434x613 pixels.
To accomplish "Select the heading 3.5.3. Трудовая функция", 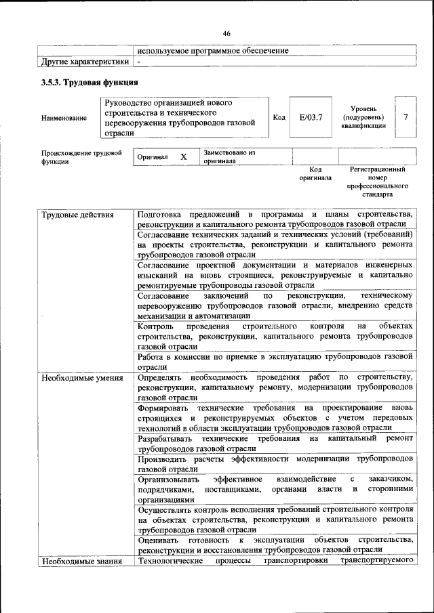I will click(x=90, y=83).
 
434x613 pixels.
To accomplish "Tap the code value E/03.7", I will click(x=311, y=117).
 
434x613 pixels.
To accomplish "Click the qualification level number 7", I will click(x=406, y=117).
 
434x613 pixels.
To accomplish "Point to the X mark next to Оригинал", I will click(x=183, y=156).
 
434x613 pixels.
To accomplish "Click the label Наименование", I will click(x=64, y=118).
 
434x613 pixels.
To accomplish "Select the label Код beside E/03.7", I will click(x=279, y=117).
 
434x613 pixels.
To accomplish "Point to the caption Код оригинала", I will click(x=315, y=173).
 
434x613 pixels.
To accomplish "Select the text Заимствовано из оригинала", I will click(x=229, y=157).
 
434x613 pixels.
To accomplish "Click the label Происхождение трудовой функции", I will click(x=81, y=157).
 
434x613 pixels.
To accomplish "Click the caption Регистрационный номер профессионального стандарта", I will click(x=377, y=182).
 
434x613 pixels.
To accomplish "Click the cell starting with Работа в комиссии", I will click(x=274, y=360).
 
